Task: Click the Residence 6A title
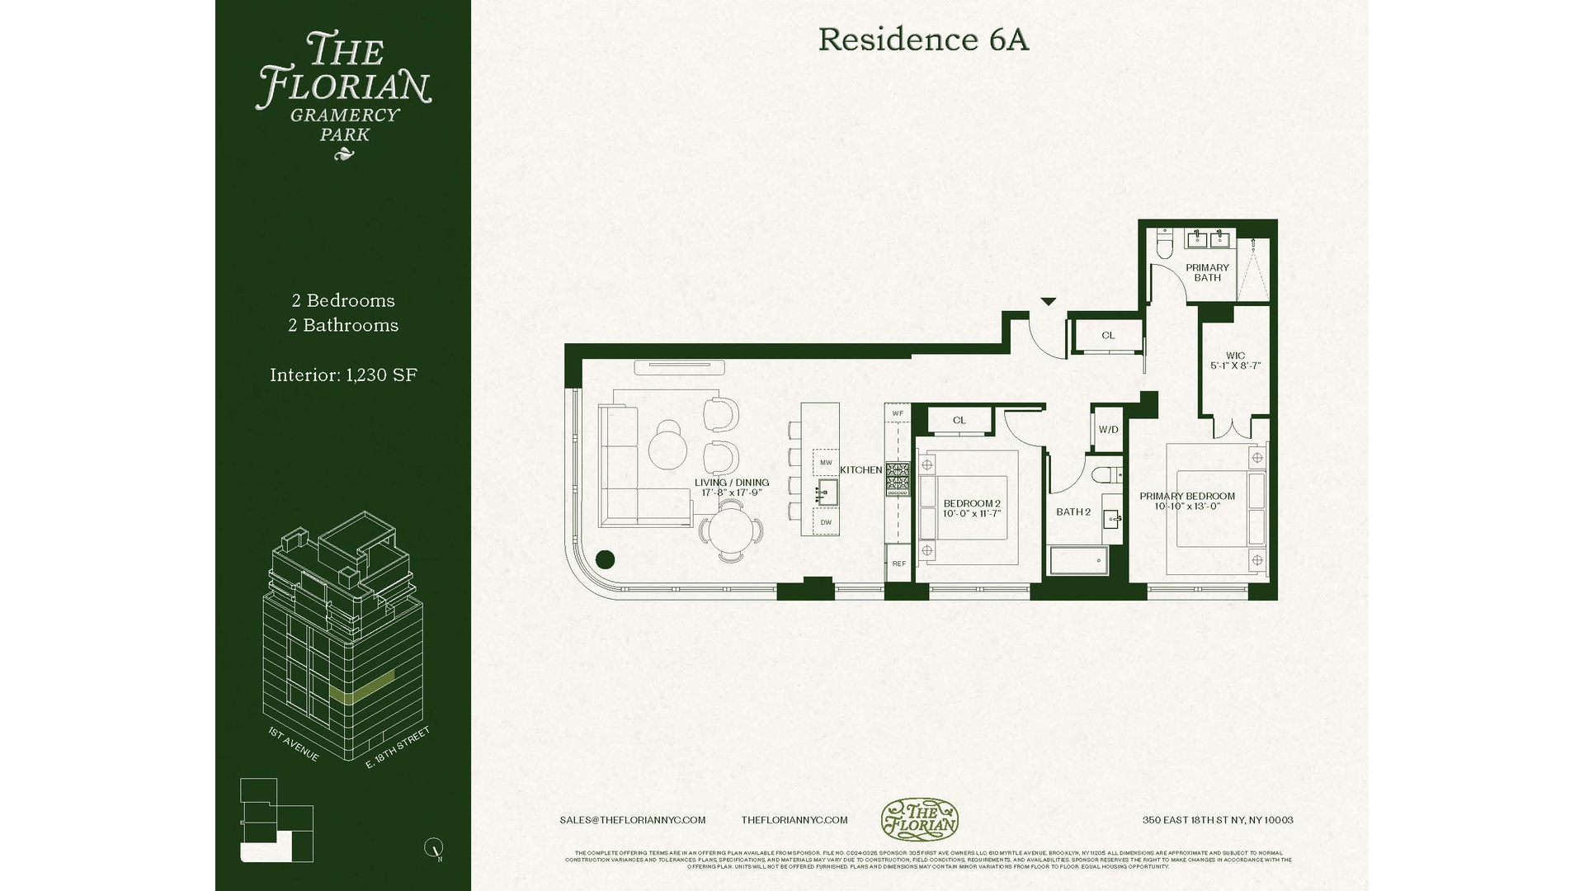click(923, 40)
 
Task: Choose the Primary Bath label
click(1207, 272)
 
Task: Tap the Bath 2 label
click(1073, 511)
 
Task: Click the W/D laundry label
click(1108, 430)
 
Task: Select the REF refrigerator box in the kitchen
click(898, 563)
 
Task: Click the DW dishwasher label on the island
click(826, 522)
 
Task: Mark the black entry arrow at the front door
click(1048, 302)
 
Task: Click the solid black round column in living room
click(605, 559)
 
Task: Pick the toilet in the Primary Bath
click(1165, 245)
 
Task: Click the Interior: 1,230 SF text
click(343, 375)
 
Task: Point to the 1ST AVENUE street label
click(293, 744)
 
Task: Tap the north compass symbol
click(434, 847)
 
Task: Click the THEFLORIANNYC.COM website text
click(794, 820)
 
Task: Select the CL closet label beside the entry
click(1108, 335)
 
